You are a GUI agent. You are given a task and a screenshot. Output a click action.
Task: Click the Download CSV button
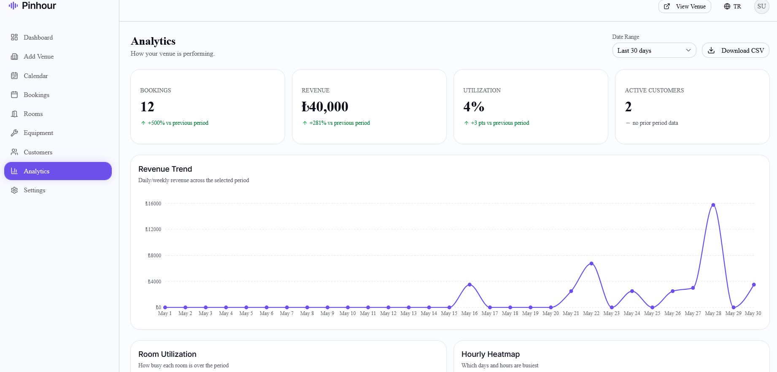click(x=735, y=51)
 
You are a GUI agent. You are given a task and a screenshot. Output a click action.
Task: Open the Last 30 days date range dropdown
click(x=654, y=51)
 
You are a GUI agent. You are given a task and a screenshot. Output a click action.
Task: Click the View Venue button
click(x=685, y=6)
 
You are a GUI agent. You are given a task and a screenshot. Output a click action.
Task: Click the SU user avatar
click(x=761, y=6)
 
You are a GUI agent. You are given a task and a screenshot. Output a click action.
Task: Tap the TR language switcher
click(x=733, y=6)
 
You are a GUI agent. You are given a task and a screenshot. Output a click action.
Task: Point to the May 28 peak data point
click(x=713, y=205)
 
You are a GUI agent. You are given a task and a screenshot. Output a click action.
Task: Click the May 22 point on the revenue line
click(x=591, y=264)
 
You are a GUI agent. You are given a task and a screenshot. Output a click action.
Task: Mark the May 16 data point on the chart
click(x=469, y=285)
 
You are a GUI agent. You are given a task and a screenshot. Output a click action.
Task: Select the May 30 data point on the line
click(x=754, y=285)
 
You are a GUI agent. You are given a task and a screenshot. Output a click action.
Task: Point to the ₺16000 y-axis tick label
click(x=153, y=204)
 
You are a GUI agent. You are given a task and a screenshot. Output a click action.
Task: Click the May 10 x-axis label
click(x=348, y=313)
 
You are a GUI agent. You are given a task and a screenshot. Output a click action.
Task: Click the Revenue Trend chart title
click(x=165, y=169)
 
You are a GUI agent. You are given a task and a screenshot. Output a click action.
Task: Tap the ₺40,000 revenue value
click(x=325, y=107)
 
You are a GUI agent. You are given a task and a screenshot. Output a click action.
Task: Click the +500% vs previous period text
click(x=178, y=123)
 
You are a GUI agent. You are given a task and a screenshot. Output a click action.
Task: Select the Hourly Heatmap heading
click(x=491, y=354)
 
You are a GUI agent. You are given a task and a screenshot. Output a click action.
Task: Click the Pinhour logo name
click(x=39, y=5)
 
